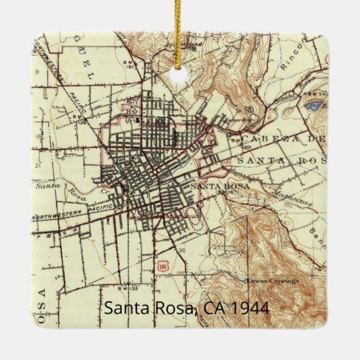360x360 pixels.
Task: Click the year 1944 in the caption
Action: [x=250, y=308]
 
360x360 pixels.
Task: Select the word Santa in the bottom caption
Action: [x=127, y=308]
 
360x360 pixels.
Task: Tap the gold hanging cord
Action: [x=180, y=31]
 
